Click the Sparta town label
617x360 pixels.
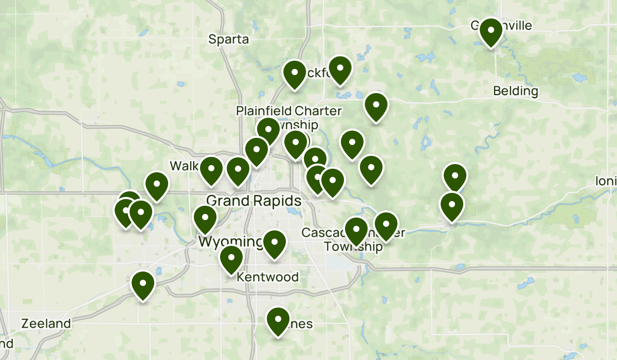pyautogui.click(x=228, y=39)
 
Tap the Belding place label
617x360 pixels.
pyautogui.click(x=515, y=92)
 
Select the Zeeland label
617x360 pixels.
pyautogui.click(x=46, y=324)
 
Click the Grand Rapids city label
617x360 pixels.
pyautogui.click(x=253, y=200)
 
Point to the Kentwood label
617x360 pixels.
pyautogui.click(x=267, y=277)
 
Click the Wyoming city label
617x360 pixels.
pyautogui.click(x=230, y=242)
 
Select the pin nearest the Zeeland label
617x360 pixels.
pyautogui.click(x=143, y=284)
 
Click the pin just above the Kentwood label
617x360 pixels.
pyautogui.click(x=231, y=259)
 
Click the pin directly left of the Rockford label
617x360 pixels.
pyautogui.click(x=295, y=74)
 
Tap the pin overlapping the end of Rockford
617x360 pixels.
pyautogui.click(x=340, y=69)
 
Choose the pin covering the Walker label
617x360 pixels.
pyautogui.click(x=211, y=170)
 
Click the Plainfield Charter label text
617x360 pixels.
pyautogui.click(x=288, y=111)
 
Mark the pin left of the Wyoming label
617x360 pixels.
pyautogui.click(x=205, y=219)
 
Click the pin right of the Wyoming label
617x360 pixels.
pyautogui.click(x=275, y=244)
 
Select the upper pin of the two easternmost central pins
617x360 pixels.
pyautogui.click(x=455, y=177)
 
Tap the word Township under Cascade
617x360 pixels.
pyautogui.click(x=353, y=246)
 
